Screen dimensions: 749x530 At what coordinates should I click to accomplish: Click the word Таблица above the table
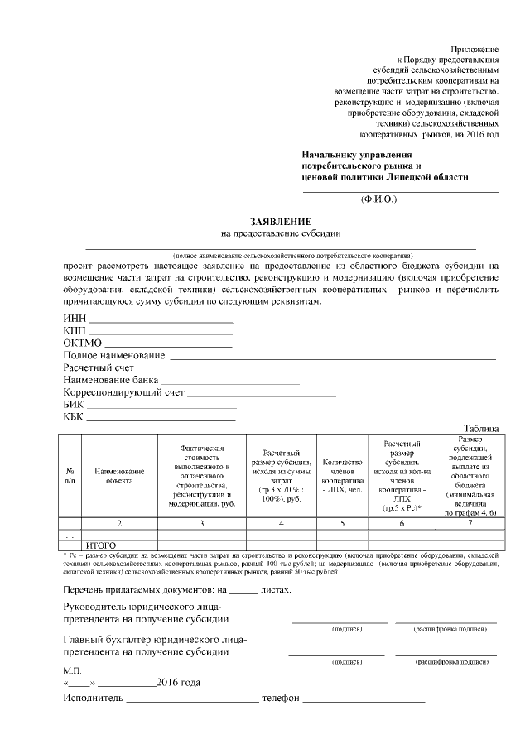(x=481, y=428)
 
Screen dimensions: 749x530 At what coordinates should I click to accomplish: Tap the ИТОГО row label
(x=103, y=545)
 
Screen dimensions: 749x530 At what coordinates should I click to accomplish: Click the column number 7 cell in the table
(x=470, y=522)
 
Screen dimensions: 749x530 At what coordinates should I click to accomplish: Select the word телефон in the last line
(x=280, y=699)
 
